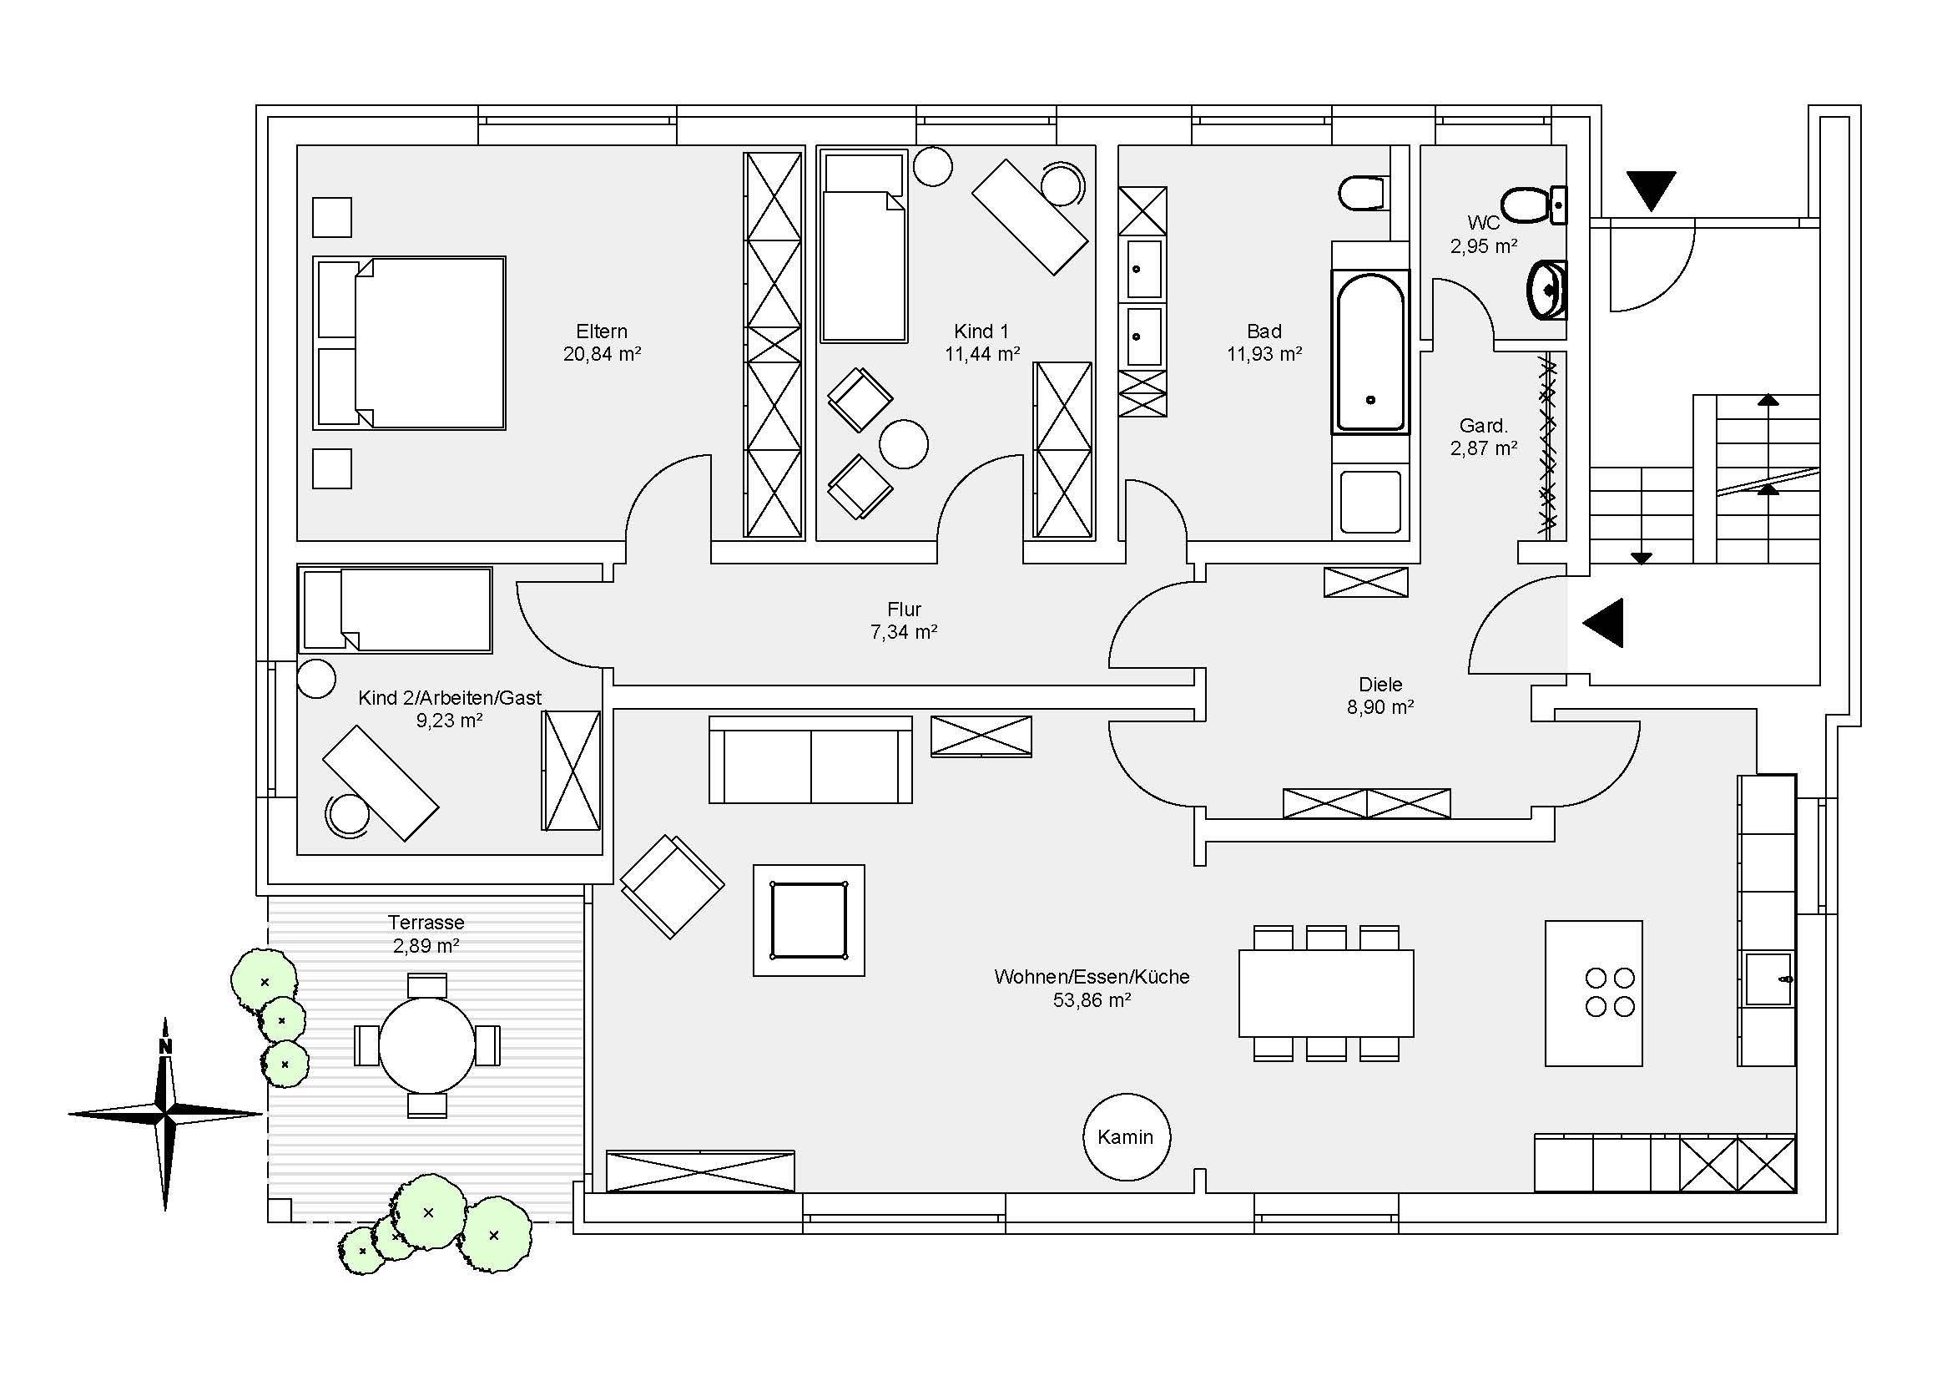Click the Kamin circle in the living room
(x=1126, y=1137)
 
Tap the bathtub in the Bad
(x=1369, y=352)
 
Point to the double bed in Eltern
(x=410, y=342)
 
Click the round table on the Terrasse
(x=426, y=1045)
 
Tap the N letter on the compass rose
(x=166, y=1047)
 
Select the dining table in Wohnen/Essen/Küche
(x=1325, y=993)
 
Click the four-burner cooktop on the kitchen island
(x=1610, y=993)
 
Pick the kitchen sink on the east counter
(x=1768, y=978)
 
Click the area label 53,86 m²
(x=1092, y=1000)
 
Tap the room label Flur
(x=904, y=609)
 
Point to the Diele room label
(x=1380, y=684)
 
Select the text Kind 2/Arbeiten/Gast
(x=450, y=697)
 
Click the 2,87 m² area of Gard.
(x=1484, y=448)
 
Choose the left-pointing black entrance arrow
(x=1605, y=623)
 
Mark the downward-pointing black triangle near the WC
(x=1651, y=189)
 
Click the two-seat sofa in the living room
(x=810, y=759)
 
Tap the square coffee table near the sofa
(x=809, y=920)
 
